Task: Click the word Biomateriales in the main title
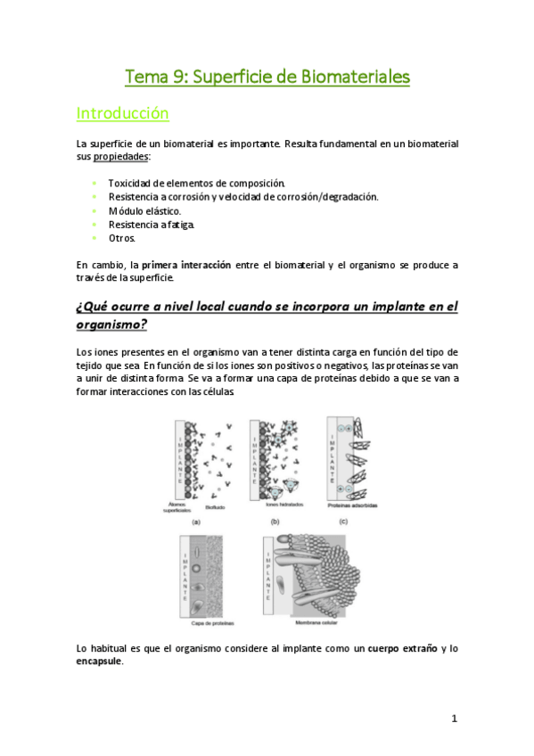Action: click(x=354, y=78)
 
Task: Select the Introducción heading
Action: click(x=122, y=114)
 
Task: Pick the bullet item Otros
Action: click(x=122, y=239)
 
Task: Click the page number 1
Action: click(x=454, y=719)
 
